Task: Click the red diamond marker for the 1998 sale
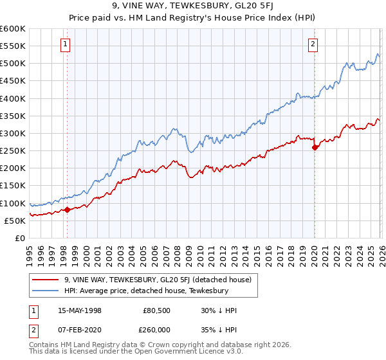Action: [x=67, y=209]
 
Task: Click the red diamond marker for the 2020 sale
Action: [x=315, y=147]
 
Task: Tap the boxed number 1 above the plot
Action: [x=66, y=44]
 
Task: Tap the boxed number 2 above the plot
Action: [x=313, y=44]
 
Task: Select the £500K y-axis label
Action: [x=13, y=64]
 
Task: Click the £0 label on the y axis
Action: [x=19, y=239]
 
